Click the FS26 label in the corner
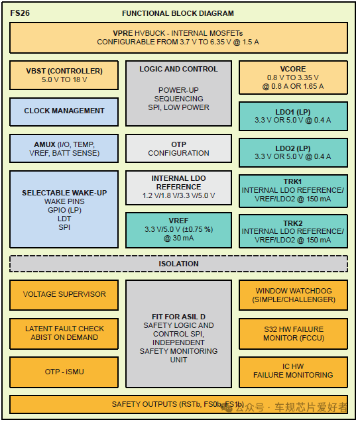coord(21,13)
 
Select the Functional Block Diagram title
coord(178,13)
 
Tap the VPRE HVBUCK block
coord(178,37)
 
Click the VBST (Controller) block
coord(64,76)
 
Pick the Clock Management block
coord(64,111)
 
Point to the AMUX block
coord(64,148)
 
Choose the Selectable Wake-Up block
coord(64,209)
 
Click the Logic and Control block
coord(178,91)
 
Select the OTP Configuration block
coord(178,148)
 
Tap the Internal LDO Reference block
coord(178,187)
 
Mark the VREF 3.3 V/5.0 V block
coord(178,229)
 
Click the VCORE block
coord(292,77)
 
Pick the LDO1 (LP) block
coord(292,115)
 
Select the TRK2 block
coord(292,231)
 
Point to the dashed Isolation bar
coord(178,264)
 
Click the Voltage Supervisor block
coord(64,294)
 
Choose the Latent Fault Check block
coord(64,333)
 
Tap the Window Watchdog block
coord(292,295)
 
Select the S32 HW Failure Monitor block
coord(292,333)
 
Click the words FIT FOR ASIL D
coord(178,317)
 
